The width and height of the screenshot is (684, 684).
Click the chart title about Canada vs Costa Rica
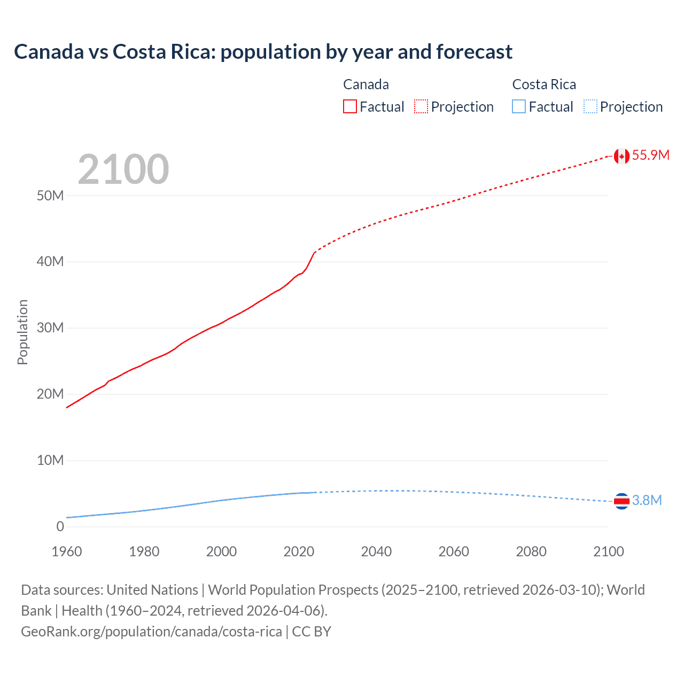[263, 52]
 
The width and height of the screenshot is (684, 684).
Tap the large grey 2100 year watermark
[123, 169]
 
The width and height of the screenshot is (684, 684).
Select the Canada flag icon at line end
[621, 156]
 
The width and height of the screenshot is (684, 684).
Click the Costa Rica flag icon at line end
[621, 501]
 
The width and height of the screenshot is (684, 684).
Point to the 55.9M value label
[650, 156]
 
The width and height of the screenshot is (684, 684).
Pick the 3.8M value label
[647, 500]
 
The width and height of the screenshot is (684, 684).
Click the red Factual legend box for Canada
[350, 107]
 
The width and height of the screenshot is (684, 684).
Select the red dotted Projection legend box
[421, 107]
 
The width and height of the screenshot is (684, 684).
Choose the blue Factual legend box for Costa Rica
[519, 107]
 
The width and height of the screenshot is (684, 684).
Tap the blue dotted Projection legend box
[590, 107]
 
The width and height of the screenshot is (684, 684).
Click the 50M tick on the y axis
[50, 196]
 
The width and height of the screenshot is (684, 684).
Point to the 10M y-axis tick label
[50, 460]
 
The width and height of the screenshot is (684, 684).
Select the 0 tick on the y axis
[60, 526]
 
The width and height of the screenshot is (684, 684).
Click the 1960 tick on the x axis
[67, 551]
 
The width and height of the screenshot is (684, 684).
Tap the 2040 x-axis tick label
[376, 551]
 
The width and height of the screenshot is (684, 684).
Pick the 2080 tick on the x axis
[531, 551]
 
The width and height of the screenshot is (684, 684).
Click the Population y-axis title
[22, 332]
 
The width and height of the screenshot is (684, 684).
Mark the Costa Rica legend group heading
[544, 84]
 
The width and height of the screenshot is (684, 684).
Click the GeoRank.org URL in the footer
[151, 632]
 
